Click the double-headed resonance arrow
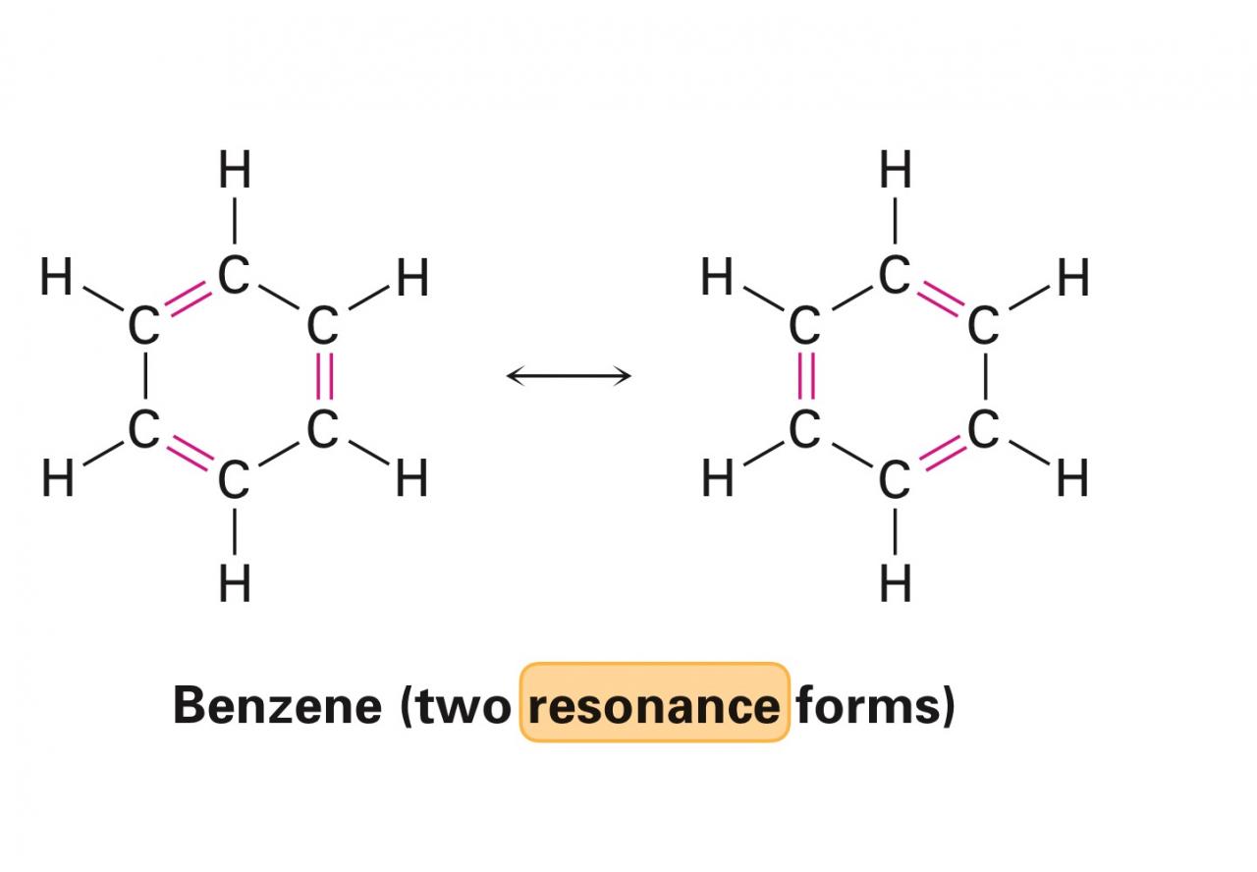(569, 375)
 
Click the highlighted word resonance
(654, 704)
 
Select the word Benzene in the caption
(277, 704)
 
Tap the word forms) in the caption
(874, 704)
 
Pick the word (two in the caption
(458, 704)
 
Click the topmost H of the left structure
(235, 171)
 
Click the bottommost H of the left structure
(235, 585)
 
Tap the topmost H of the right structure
(895, 171)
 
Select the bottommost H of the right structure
(895, 585)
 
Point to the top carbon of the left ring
(235, 276)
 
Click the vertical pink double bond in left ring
(323, 378)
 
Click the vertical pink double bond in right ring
(805, 378)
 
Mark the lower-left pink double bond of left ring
(189, 454)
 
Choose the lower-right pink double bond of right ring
(940, 454)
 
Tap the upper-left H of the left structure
(57, 278)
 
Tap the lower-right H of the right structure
(1072, 480)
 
